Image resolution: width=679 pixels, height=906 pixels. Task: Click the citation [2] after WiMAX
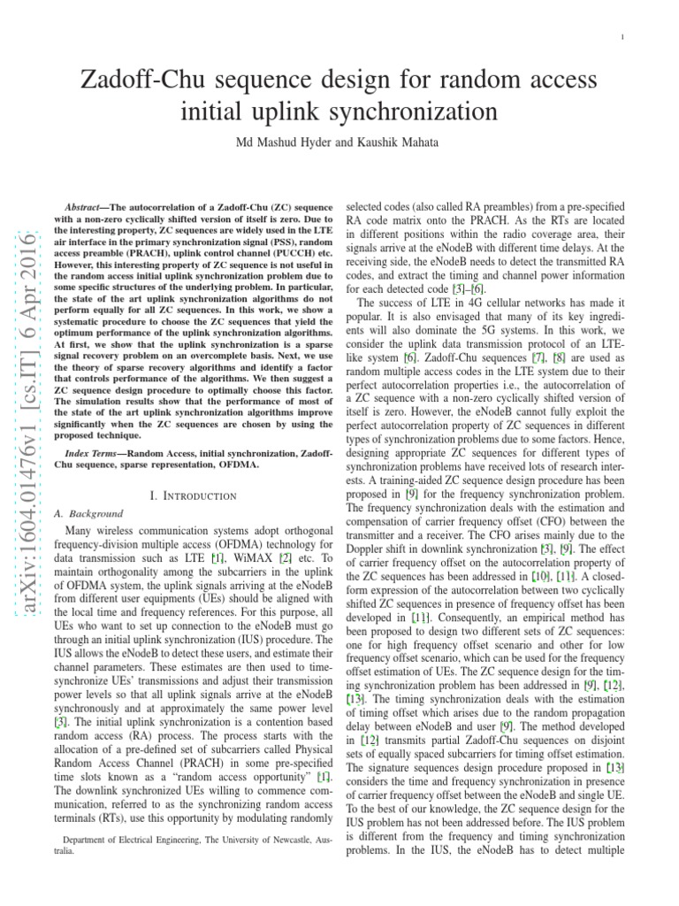click(286, 559)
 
